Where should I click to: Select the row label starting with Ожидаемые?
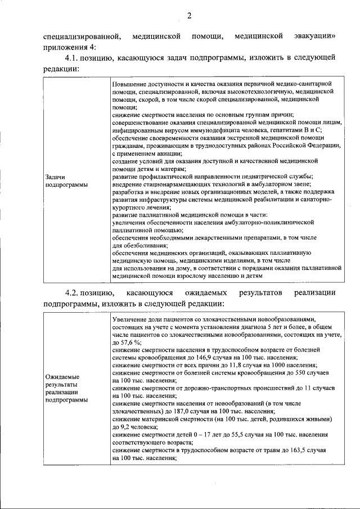click(x=62, y=388)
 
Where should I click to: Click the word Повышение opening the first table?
click(x=131, y=83)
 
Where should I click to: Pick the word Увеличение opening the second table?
click(x=132, y=318)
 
